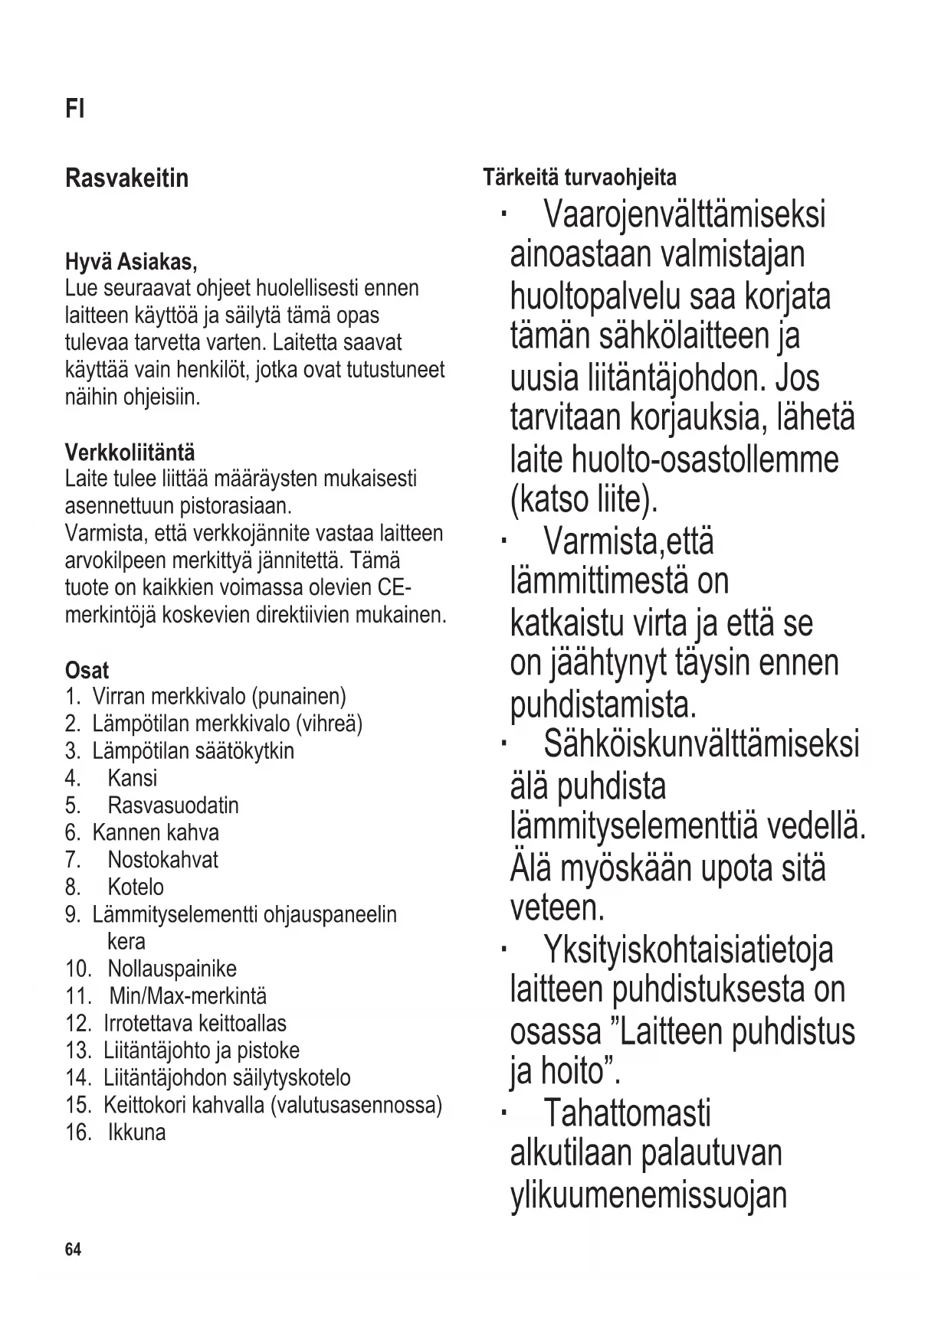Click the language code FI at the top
74,109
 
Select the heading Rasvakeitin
126,178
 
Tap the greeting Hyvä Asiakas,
131,263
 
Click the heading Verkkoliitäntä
130,452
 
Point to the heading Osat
87,671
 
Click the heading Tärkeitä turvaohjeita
579,178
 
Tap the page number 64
73,1250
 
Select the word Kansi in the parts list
132,778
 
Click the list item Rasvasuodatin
172,805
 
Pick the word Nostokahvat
162,860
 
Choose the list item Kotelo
135,887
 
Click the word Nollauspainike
172,969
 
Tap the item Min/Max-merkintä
188,996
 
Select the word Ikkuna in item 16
136,1132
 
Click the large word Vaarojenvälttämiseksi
684,214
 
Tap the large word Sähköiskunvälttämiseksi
701,744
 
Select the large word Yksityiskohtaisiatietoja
688,950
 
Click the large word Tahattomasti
627,1113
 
